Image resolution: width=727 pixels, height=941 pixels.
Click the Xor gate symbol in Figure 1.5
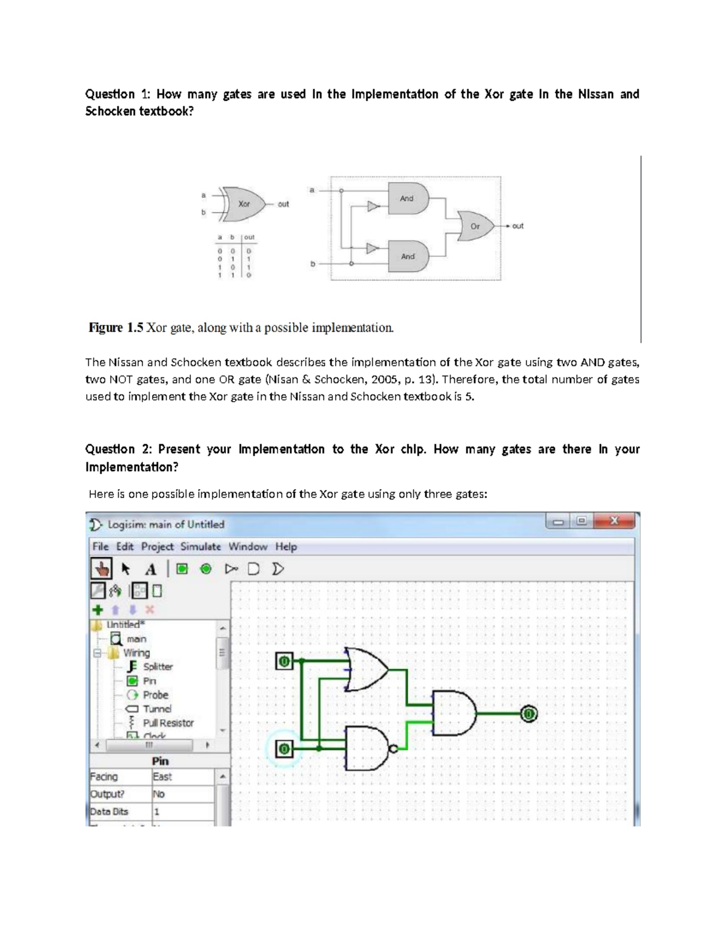(x=244, y=204)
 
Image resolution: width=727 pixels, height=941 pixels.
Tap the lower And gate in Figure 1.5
(x=409, y=256)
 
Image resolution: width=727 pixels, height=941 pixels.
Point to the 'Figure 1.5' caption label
(x=116, y=328)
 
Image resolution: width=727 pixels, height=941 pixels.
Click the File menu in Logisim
(x=101, y=547)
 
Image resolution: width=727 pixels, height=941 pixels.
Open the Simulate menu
(x=201, y=547)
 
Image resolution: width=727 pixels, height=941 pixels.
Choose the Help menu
(x=286, y=547)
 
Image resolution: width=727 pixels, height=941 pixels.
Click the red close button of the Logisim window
(x=614, y=521)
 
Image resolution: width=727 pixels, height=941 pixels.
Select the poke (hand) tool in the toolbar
(x=102, y=569)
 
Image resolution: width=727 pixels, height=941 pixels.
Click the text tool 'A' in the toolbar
(x=151, y=569)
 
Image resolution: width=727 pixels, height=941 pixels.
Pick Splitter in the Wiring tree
(x=158, y=667)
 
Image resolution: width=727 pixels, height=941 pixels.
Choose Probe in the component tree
(x=155, y=695)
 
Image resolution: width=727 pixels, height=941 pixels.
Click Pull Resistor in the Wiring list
(x=168, y=723)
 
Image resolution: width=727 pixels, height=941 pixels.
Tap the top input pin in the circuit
(x=284, y=662)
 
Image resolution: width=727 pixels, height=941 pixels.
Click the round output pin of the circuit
(x=529, y=714)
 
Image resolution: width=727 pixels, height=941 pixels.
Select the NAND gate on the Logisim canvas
(x=367, y=749)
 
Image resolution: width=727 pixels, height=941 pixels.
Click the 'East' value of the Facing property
(x=162, y=777)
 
